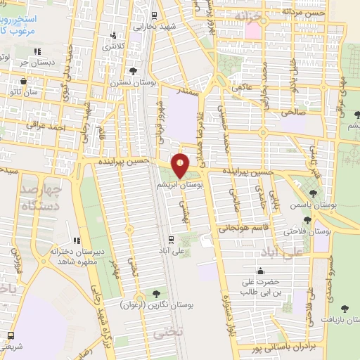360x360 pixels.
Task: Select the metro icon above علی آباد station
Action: coord(172,239)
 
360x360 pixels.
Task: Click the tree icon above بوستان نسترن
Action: coord(133,70)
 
